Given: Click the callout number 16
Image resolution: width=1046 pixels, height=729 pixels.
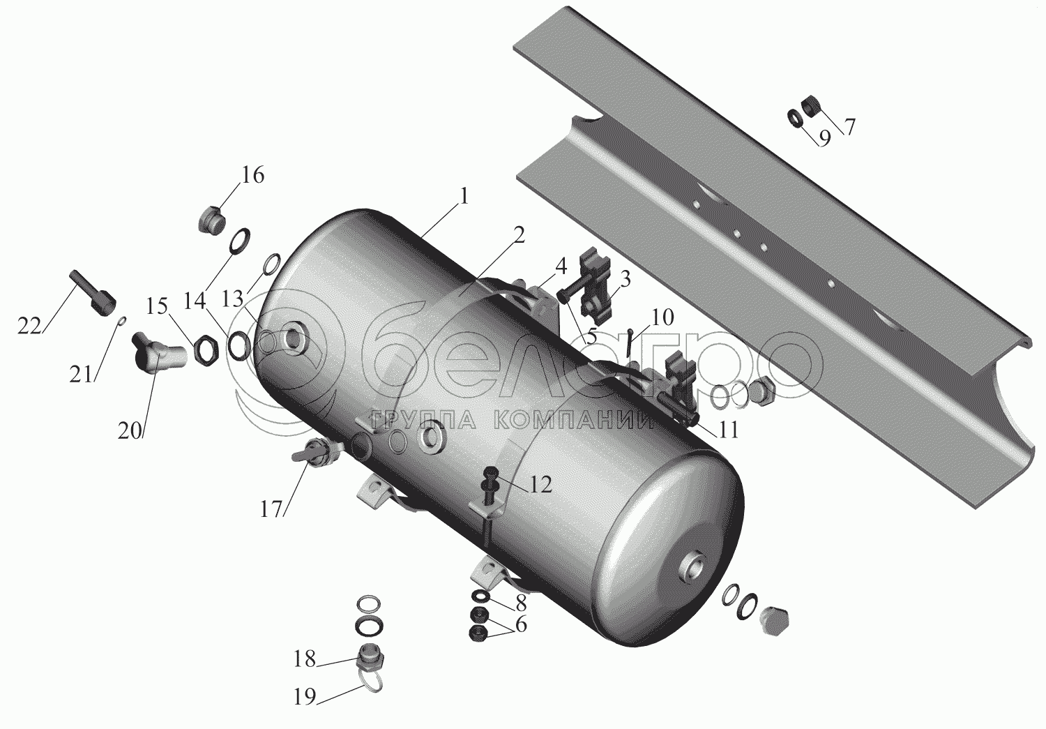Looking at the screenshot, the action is pyautogui.click(x=252, y=175).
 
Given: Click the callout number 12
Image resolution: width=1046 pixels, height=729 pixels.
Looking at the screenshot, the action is pyautogui.click(x=540, y=484).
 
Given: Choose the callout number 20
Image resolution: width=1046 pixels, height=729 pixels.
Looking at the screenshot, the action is pyautogui.click(x=129, y=432).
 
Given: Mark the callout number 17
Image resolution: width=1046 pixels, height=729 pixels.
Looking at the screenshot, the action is pyautogui.click(x=271, y=509).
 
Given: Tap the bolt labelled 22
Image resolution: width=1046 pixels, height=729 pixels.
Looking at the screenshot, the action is pyautogui.click(x=92, y=293).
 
